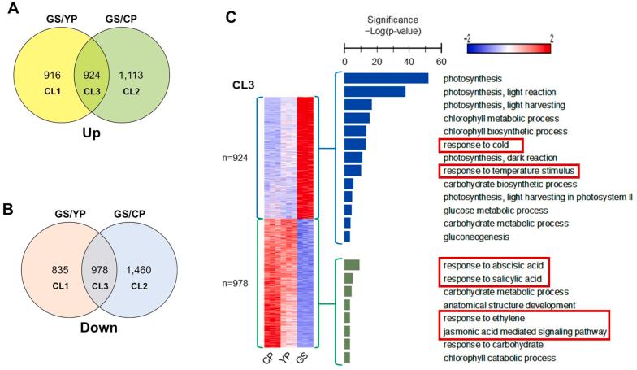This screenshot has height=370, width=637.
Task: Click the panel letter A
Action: click(11, 11)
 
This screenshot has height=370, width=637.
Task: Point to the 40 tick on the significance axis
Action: click(409, 60)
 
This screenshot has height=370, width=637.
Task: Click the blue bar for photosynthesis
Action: click(386, 78)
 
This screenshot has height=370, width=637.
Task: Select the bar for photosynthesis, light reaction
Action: click(375, 91)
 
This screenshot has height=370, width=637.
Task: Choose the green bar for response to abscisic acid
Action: click(352, 265)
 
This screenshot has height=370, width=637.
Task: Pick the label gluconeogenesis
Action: click(476, 237)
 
